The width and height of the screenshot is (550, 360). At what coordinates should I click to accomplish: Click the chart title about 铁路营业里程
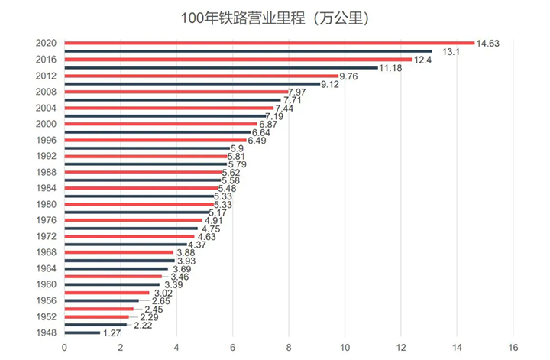tap(275, 17)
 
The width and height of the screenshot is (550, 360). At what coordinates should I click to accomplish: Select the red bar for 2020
tap(269, 43)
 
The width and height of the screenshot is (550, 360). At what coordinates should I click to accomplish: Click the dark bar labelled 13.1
tap(247, 51)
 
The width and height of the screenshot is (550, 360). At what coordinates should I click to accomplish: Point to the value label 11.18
tap(393, 68)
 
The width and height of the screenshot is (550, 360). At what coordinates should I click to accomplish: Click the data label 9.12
tap(331, 84)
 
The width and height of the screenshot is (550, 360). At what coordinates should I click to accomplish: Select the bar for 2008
tap(176, 92)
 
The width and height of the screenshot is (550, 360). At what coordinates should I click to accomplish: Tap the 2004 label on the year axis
tap(46, 108)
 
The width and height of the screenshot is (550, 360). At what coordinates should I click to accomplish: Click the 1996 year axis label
tap(46, 140)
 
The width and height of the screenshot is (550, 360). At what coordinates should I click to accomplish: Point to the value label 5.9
tap(237, 148)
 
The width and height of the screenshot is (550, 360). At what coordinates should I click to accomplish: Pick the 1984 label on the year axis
tap(46, 188)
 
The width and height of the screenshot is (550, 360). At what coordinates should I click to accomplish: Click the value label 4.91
tap(213, 221)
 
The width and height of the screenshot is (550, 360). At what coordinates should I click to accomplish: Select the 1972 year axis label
tap(46, 236)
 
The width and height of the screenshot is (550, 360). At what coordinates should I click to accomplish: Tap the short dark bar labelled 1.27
tap(82, 332)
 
